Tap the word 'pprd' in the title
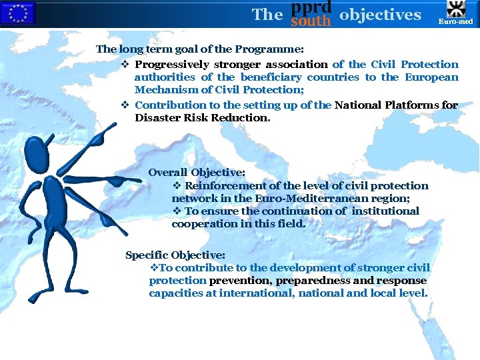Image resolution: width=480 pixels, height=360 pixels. click(311, 7)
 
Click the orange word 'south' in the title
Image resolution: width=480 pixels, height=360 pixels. click(311, 21)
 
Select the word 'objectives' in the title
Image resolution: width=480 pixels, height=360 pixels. click(380, 14)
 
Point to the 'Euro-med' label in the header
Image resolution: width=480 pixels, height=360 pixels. click(455, 21)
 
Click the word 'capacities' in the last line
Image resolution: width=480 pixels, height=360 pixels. click(176, 293)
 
